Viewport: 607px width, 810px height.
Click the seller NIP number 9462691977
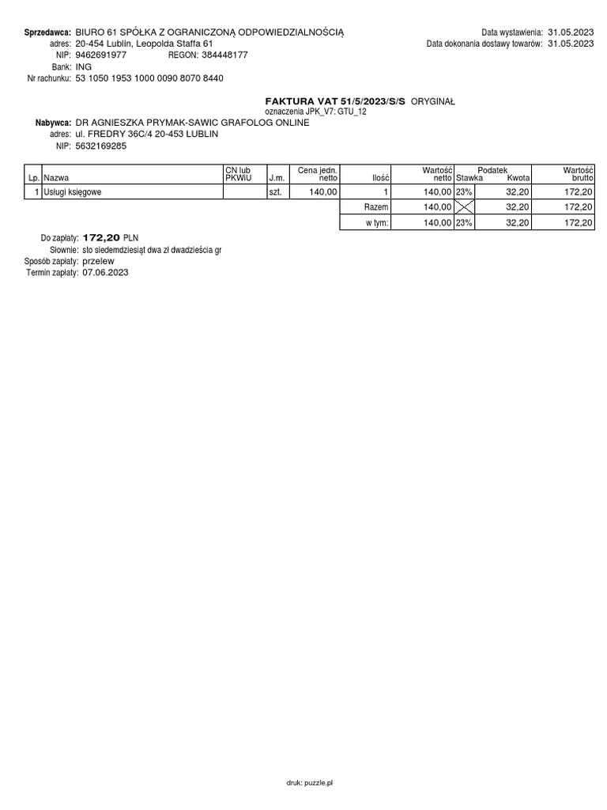(x=100, y=55)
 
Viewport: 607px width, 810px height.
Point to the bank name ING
(x=84, y=67)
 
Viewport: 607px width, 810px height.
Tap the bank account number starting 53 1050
(x=149, y=78)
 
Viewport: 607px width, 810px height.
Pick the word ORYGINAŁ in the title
(x=433, y=102)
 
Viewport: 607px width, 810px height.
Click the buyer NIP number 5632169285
(x=100, y=146)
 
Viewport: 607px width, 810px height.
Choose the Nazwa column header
(x=57, y=179)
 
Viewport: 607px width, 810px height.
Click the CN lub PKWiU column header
(x=238, y=174)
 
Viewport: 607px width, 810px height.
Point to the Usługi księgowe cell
(x=73, y=192)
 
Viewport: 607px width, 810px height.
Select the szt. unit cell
(x=275, y=192)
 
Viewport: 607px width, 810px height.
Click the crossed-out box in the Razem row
(x=464, y=206)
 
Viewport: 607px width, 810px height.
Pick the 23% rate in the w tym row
(x=464, y=223)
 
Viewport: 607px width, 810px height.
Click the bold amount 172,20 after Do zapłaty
(x=101, y=237)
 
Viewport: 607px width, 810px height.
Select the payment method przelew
(x=98, y=260)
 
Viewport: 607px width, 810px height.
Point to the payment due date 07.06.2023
(x=105, y=272)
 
